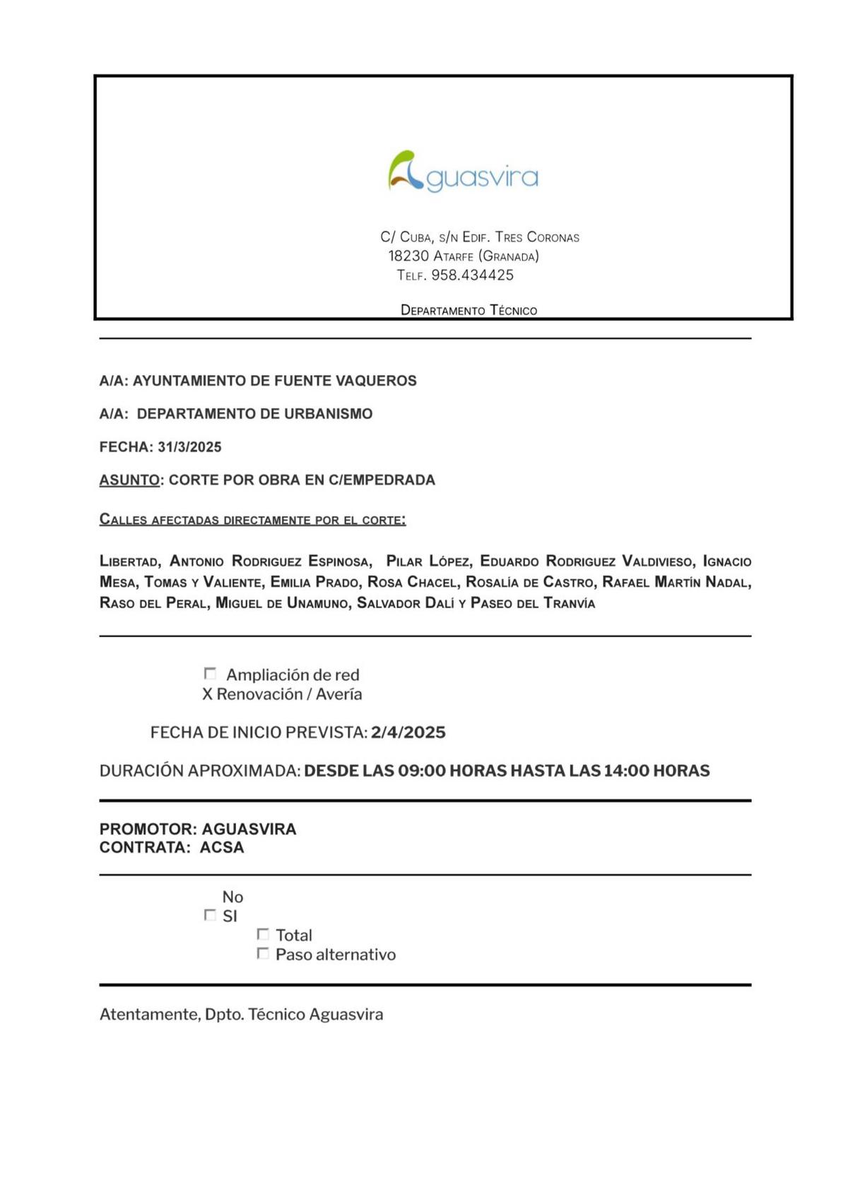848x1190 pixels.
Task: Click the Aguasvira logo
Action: (x=463, y=172)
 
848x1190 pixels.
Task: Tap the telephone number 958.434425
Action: (x=472, y=275)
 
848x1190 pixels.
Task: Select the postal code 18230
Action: (x=408, y=256)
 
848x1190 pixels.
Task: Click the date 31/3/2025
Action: (x=189, y=447)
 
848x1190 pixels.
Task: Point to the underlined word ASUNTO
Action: (x=129, y=480)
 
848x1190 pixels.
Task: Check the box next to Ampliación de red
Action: (x=210, y=674)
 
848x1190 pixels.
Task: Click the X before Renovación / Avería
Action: (x=207, y=694)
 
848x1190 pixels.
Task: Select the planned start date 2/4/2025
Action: (x=408, y=732)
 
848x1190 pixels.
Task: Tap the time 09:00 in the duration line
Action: (x=422, y=770)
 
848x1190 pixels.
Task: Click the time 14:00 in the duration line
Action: (x=627, y=770)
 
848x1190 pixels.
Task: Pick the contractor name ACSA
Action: (x=222, y=847)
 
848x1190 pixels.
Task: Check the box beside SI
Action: (x=210, y=915)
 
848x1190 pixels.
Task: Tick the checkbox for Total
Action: (x=263, y=934)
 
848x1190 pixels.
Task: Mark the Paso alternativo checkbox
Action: (x=263, y=953)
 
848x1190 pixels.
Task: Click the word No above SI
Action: (x=232, y=897)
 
